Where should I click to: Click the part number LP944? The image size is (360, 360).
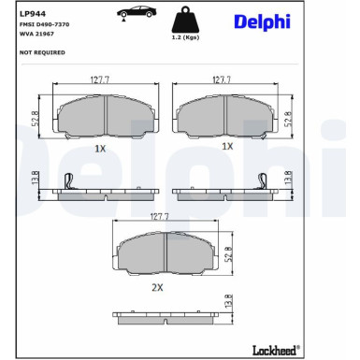coord(33,14)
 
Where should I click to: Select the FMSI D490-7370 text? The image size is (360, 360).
coord(45,24)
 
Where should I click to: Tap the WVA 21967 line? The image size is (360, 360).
coord(36,34)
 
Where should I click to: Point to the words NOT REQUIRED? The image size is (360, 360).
coord(42,52)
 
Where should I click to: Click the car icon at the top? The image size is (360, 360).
coord(137,13)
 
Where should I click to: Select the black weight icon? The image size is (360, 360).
coord(185,20)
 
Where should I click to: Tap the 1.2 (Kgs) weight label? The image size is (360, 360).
coord(185,37)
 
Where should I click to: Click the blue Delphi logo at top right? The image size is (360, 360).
coord(262,22)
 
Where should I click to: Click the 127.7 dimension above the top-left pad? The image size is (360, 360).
coord(100,79)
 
